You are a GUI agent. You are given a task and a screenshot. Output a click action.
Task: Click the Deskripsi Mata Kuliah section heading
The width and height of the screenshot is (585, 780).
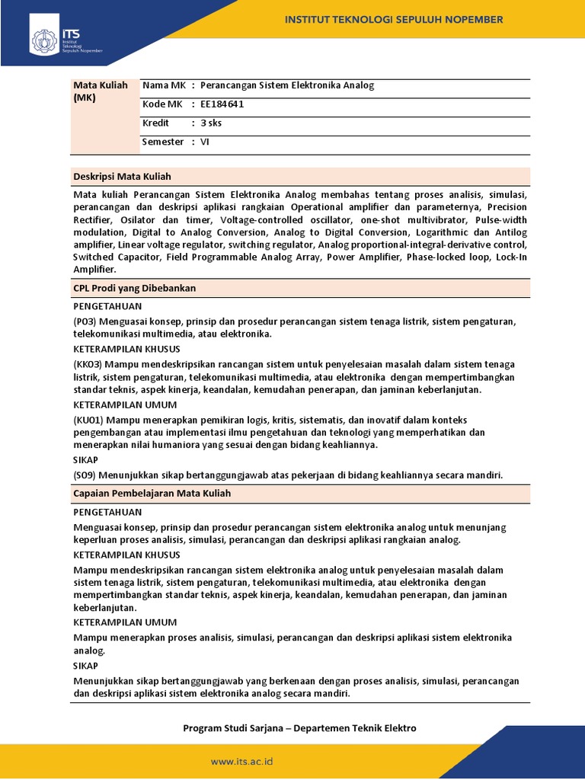point(123,176)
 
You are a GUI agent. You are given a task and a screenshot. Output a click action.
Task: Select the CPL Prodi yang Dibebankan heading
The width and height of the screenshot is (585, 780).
point(136,288)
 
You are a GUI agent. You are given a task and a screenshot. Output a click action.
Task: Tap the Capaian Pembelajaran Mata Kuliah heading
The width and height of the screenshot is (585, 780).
point(152,494)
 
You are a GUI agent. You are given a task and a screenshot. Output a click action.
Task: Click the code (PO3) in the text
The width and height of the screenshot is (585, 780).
point(85,322)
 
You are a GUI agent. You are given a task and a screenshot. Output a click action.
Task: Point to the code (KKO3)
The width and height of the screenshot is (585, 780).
point(88,365)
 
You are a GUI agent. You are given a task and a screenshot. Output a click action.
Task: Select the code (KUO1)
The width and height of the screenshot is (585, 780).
point(88,420)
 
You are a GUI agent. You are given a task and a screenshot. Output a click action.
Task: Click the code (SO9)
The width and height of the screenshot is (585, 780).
point(85,475)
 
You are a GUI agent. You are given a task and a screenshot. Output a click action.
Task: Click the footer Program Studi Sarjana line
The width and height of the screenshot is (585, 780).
point(299,728)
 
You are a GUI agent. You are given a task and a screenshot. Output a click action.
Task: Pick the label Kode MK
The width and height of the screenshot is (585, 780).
point(161,104)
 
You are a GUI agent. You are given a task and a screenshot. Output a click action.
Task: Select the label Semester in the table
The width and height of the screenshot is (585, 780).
point(163,142)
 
